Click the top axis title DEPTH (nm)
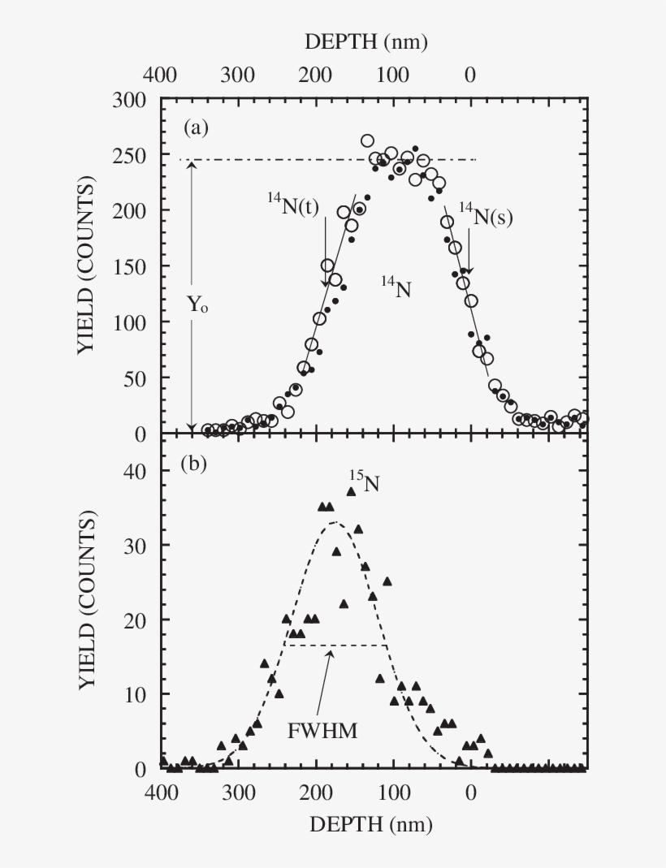coord(366,41)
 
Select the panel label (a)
coord(197,127)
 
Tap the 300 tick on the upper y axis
coord(129,100)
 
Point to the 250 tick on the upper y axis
coord(129,156)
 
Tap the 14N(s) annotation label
coord(486,216)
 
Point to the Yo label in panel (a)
coord(197,308)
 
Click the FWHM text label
coord(322,730)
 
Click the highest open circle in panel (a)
coord(367,141)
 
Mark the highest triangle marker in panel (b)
coord(352,491)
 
